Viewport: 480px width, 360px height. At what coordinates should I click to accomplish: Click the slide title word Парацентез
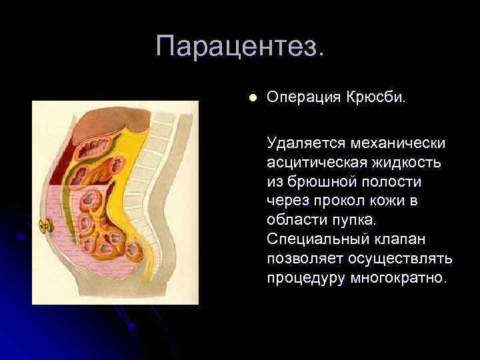pyautogui.click(x=241, y=47)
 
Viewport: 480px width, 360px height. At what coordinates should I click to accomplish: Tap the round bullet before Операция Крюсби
pyautogui.click(x=251, y=97)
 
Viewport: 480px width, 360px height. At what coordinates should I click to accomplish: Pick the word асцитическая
pyautogui.click(x=313, y=162)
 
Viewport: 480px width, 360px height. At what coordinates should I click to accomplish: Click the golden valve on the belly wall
pyautogui.click(x=47, y=226)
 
